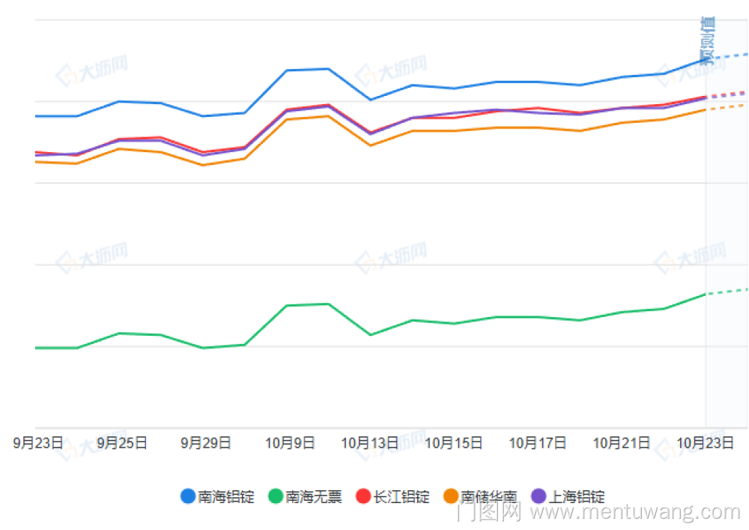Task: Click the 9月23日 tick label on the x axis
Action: click(x=37, y=443)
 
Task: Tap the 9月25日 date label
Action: click(x=121, y=443)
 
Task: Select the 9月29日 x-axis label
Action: click(x=205, y=443)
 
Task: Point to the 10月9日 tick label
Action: click(x=289, y=443)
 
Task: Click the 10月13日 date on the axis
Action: click(x=370, y=443)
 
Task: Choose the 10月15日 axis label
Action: click(x=454, y=443)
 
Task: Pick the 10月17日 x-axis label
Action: click(x=538, y=443)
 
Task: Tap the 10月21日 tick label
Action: click(x=622, y=443)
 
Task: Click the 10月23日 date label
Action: click(x=706, y=443)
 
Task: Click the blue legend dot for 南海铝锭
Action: click(x=189, y=496)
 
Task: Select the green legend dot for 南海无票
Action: click(x=276, y=496)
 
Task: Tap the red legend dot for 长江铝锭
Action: click(x=364, y=496)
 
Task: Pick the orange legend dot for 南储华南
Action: click(x=452, y=496)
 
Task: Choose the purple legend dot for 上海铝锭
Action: click(x=539, y=496)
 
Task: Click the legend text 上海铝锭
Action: click(x=577, y=496)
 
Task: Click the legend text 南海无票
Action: click(x=314, y=496)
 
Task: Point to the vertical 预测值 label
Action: click(x=707, y=40)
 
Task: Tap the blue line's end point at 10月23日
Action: click(x=706, y=58)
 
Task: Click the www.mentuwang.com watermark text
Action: click(x=636, y=513)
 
